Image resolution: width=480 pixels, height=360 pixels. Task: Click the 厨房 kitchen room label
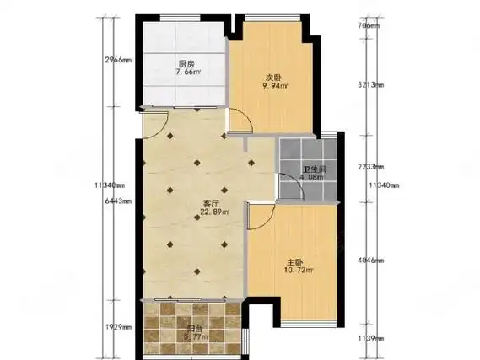coord(186,63)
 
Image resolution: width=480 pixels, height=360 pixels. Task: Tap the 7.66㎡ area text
coord(187,73)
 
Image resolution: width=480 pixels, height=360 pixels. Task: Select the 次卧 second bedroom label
coord(273,78)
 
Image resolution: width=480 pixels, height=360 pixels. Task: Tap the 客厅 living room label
coord(211,203)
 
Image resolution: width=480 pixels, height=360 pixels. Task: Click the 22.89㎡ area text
coord(212,212)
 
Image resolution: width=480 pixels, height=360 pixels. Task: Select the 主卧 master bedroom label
coord(283,261)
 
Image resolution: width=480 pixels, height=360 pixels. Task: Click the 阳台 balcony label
coord(192,332)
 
